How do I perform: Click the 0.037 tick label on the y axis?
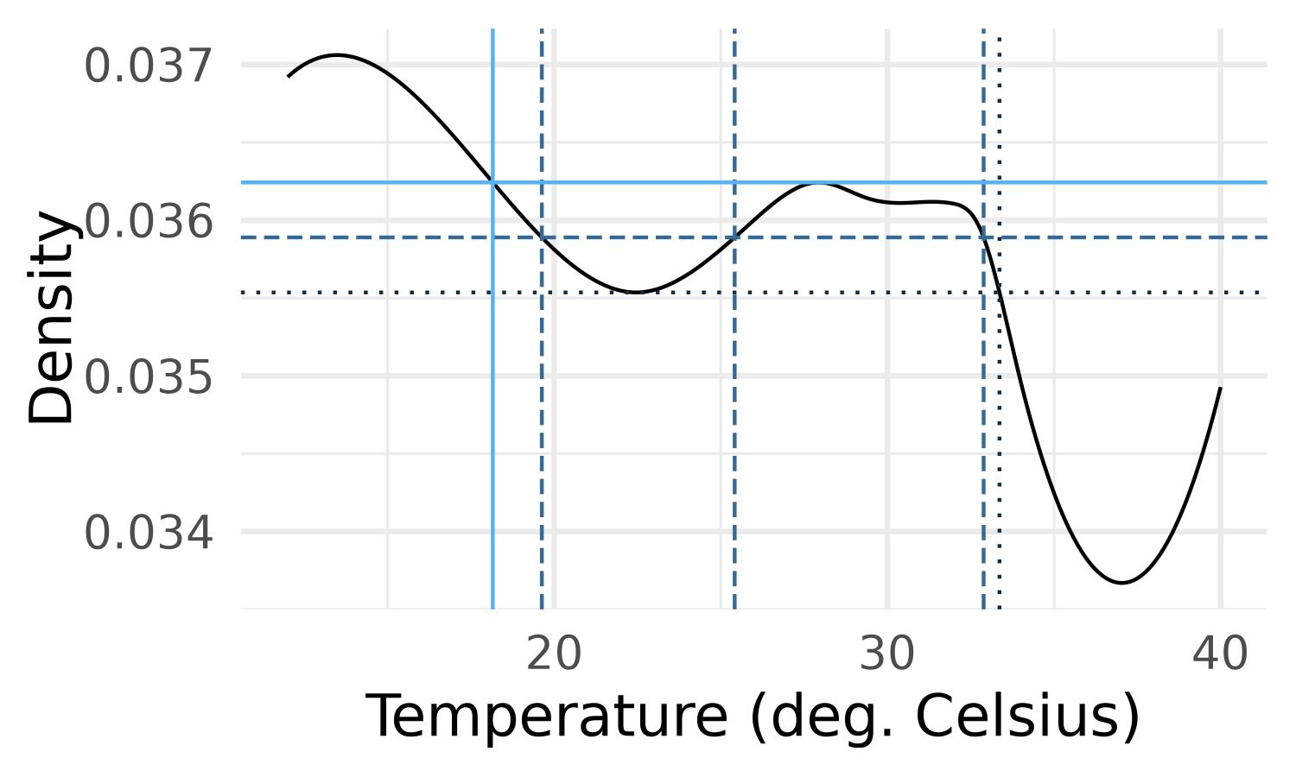point(148,66)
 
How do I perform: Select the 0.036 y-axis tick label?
point(148,222)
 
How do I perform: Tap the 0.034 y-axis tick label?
point(148,533)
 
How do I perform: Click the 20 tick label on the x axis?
point(554,655)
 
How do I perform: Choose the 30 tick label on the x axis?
point(887,655)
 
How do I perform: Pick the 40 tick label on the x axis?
point(1220,655)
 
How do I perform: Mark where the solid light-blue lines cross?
point(492,182)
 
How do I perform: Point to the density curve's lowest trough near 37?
point(1121,583)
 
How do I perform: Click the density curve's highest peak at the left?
point(338,55)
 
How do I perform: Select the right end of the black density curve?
point(1220,388)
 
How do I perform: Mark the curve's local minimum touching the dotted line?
point(636,293)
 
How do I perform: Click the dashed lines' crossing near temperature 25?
point(734,237)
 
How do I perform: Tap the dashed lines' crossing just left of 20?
point(542,237)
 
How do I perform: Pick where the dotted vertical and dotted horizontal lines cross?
point(1000,293)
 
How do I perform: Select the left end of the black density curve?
point(288,77)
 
